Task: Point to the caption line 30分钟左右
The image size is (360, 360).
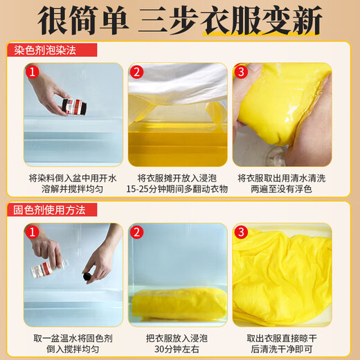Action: click(179, 348)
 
